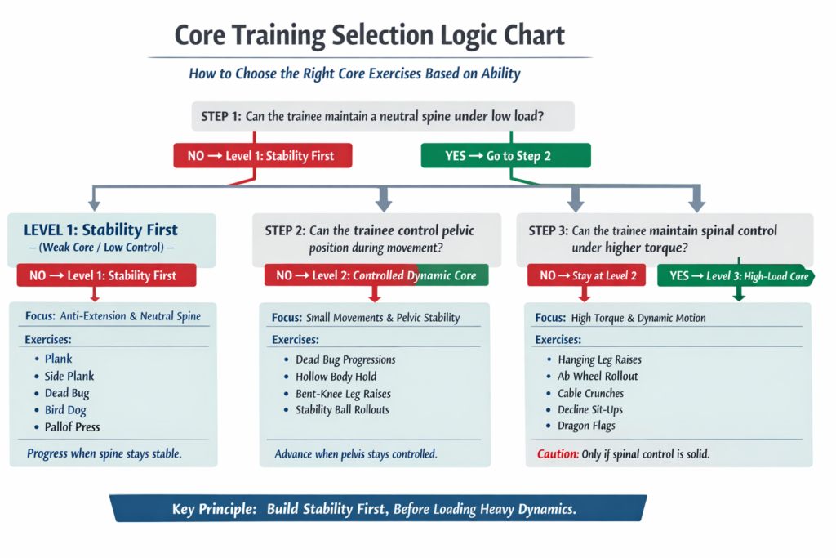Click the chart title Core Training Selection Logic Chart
370,36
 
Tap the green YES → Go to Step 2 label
506,155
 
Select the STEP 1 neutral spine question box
383,116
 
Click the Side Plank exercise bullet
69,376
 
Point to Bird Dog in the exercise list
65,410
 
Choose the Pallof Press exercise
73,426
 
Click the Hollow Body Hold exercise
336,377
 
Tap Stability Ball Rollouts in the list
342,409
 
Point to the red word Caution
558,453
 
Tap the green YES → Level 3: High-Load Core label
737,276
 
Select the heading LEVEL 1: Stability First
101,230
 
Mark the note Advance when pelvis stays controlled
356,453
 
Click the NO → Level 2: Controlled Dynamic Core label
376,275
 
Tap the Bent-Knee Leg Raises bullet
344,393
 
